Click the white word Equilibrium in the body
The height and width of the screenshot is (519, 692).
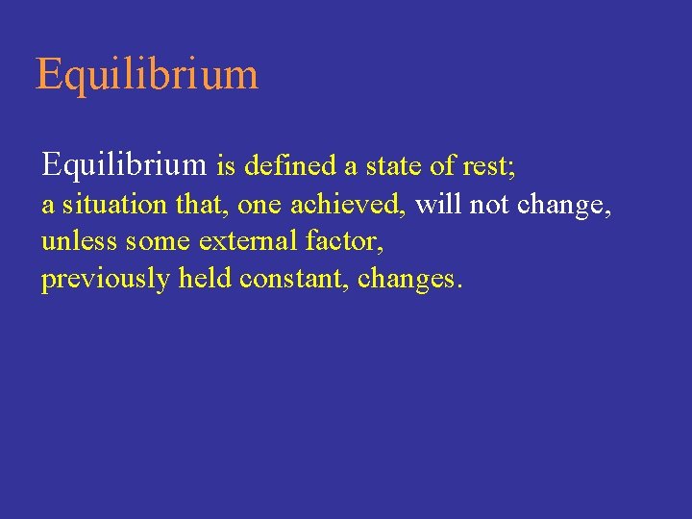point(124,165)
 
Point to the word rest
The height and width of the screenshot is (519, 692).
point(484,167)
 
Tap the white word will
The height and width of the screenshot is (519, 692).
point(438,205)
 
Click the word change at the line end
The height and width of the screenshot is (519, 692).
point(562,206)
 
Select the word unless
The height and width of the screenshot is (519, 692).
point(80,241)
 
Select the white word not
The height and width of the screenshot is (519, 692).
point(489,206)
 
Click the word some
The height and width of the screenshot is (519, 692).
point(159,242)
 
